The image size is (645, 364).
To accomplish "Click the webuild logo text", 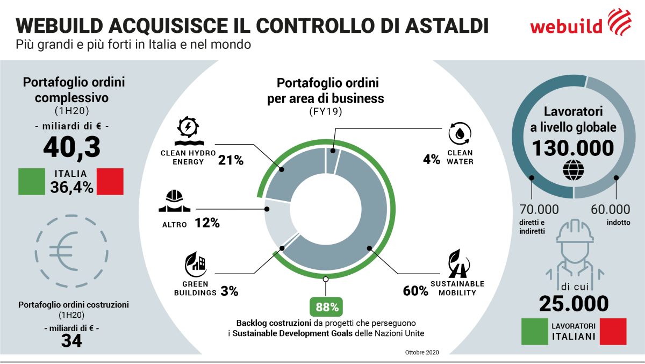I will click(x=566, y=25).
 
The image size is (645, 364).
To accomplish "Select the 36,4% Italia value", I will click(x=71, y=187).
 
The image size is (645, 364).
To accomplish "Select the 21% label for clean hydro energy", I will click(x=231, y=160).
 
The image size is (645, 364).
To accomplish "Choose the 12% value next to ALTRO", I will click(x=206, y=223).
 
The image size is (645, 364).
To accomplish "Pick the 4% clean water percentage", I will click(x=431, y=160).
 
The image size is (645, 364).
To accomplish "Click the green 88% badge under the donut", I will click(x=326, y=308).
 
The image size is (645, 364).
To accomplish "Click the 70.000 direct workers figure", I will click(x=539, y=209).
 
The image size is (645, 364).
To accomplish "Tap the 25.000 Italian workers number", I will click(x=574, y=304).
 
